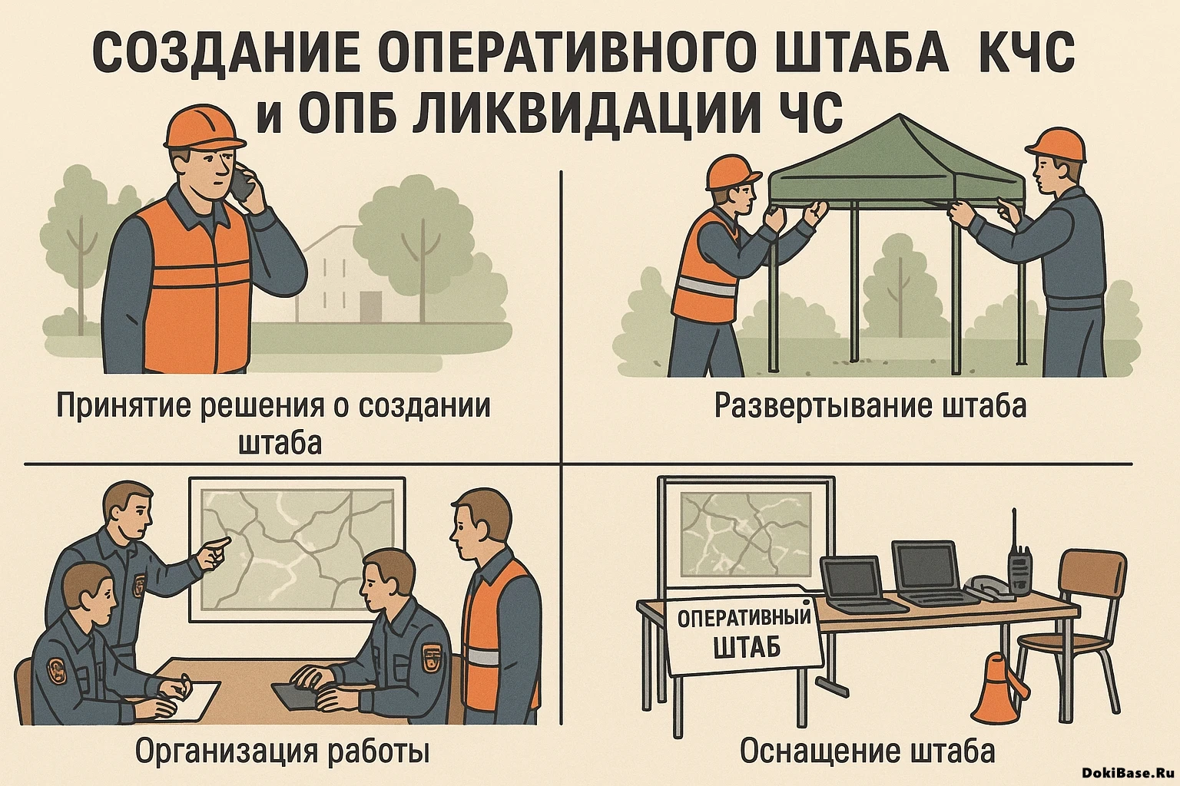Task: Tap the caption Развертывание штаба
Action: pos(870,405)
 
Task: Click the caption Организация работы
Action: pos(282,751)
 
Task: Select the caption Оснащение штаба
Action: pos(867,751)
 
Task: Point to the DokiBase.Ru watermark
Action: pos(1128,774)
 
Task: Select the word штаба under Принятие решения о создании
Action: pos(280,444)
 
